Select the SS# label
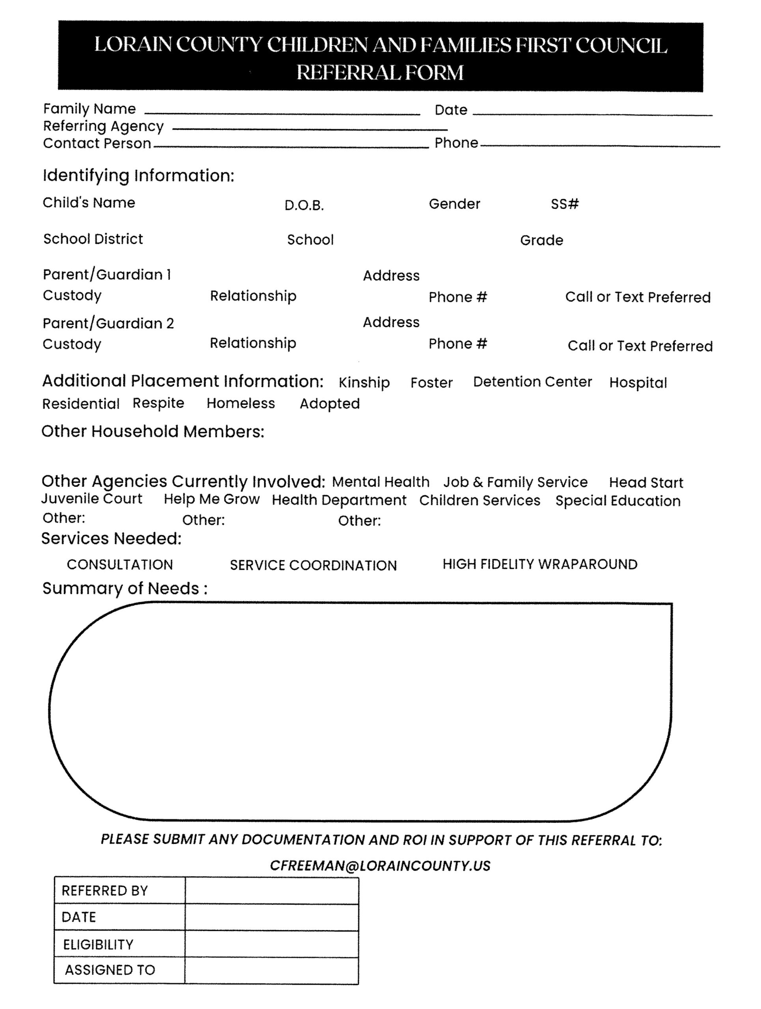click(564, 204)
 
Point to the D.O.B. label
click(304, 206)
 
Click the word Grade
click(541, 240)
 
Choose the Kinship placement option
click(364, 382)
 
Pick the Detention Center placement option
click(532, 382)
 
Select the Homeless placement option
click(241, 403)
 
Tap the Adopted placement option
click(329, 404)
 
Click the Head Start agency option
click(645, 482)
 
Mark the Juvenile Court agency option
click(92, 499)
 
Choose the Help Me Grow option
click(212, 499)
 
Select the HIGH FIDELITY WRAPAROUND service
click(540, 564)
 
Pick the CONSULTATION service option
click(120, 565)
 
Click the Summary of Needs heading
click(125, 588)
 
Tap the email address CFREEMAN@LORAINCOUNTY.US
click(380, 866)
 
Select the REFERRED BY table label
click(104, 890)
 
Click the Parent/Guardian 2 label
click(108, 324)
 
